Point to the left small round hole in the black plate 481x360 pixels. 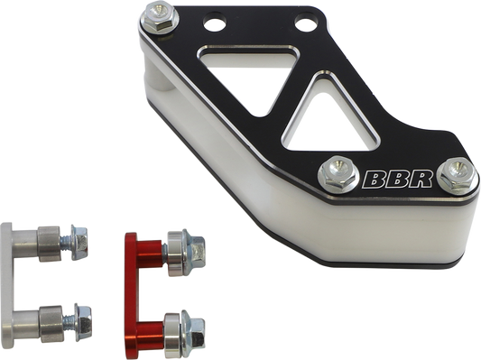coord(217,24)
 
